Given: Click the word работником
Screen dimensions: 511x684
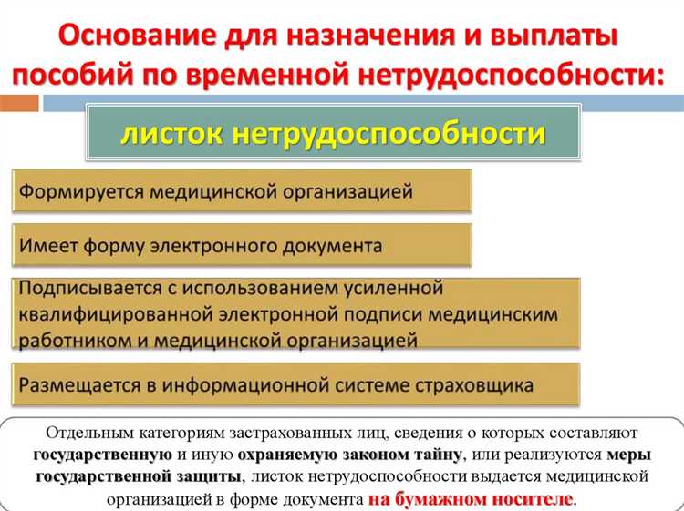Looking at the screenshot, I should coord(73,341).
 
